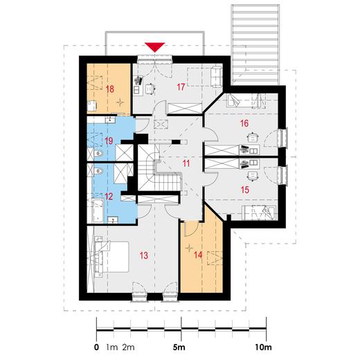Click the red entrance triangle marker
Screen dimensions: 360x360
tap(154, 47)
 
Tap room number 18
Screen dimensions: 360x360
tap(110, 89)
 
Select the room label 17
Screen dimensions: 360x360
tap(181, 87)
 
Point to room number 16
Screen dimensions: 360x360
tap(244, 123)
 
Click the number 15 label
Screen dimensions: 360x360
tap(245, 190)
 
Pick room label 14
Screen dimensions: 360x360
tap(198, 255)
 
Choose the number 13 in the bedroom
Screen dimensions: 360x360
tap(144, 255)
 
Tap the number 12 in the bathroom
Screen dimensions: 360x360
tap(109, 197)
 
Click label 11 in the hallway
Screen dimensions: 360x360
tap(186, 163)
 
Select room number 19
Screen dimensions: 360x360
tap(109, 141)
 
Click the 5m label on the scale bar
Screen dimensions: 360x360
tap(179, 348)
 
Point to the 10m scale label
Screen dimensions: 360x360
tap(263, 348)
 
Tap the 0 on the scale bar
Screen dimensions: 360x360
tap(96, 348)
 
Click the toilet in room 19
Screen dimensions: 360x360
tap(98, 153)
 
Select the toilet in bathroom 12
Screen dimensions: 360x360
tap(98, 171)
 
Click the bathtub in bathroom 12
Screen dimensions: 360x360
tap(98, 210)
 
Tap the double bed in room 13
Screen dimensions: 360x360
tap(111, 257)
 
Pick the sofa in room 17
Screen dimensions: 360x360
tap(216, 77)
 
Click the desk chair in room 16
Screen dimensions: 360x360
tap(252, 137)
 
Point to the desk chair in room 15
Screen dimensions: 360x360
tap(253, 176)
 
